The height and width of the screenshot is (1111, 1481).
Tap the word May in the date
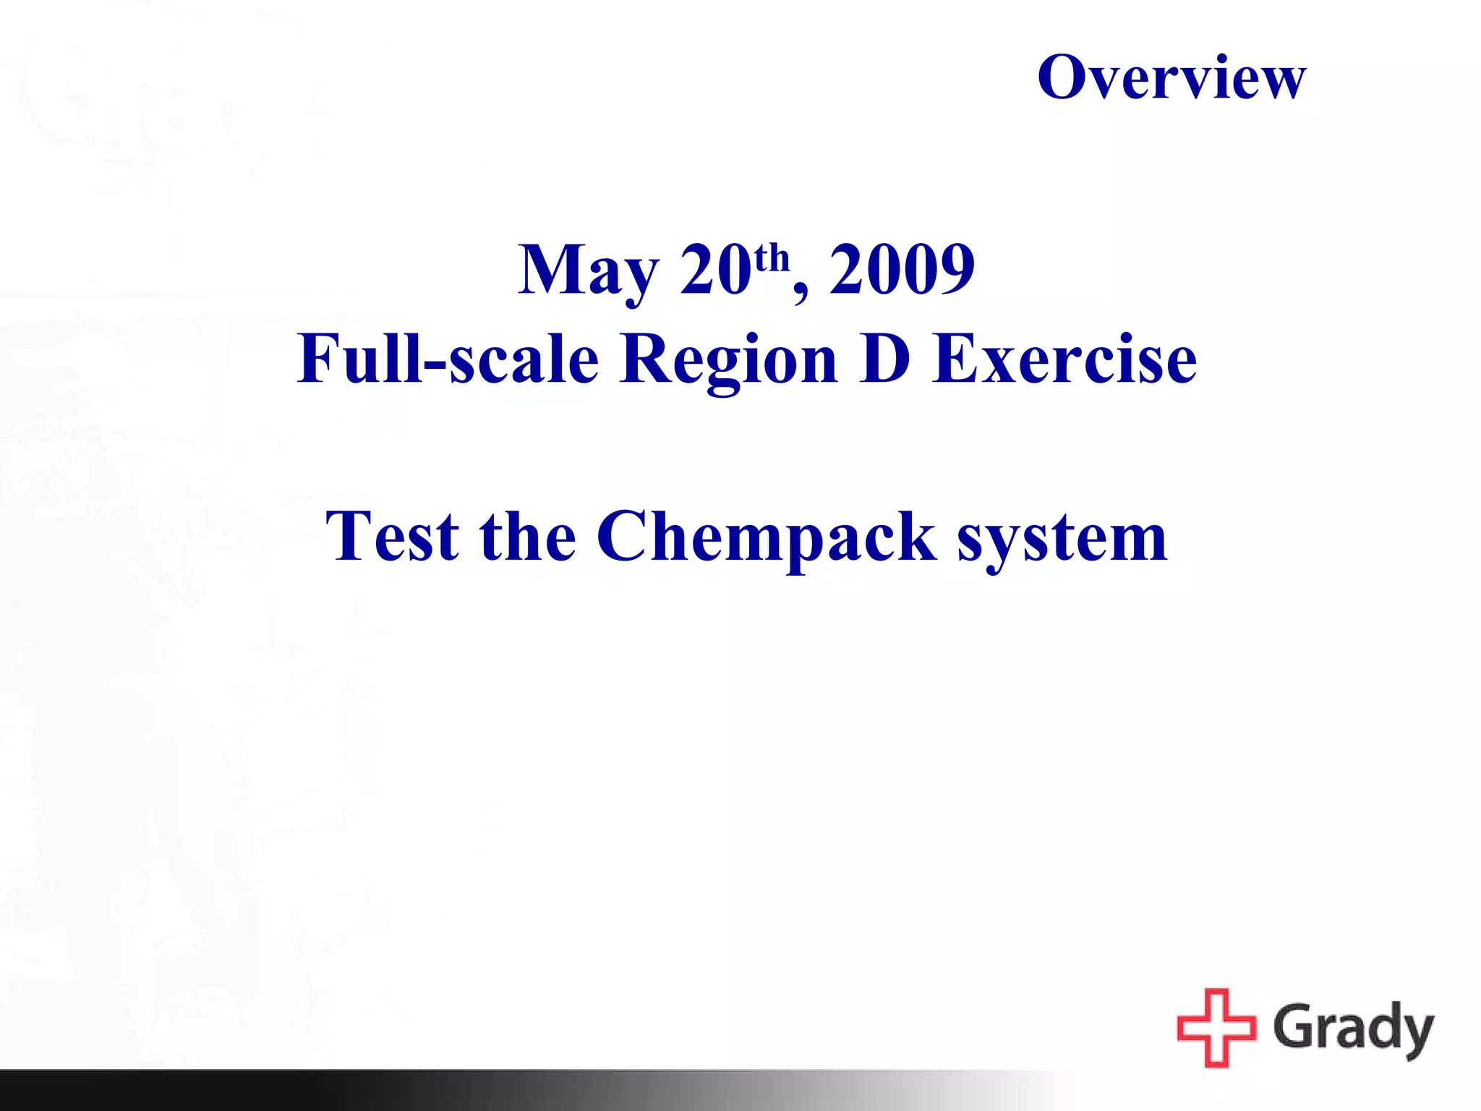pos(588,271)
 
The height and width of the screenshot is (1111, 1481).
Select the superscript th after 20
pos(772,258)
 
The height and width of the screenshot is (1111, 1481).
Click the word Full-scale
pos(448,359)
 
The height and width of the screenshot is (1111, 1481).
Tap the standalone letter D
pos(885,359)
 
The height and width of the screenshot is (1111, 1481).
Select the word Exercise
pos(1064,359)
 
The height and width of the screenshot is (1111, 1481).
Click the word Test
pos(392,537)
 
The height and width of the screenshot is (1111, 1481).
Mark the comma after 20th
pos(801,292)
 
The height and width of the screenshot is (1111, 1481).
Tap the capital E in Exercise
pos(955,359)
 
